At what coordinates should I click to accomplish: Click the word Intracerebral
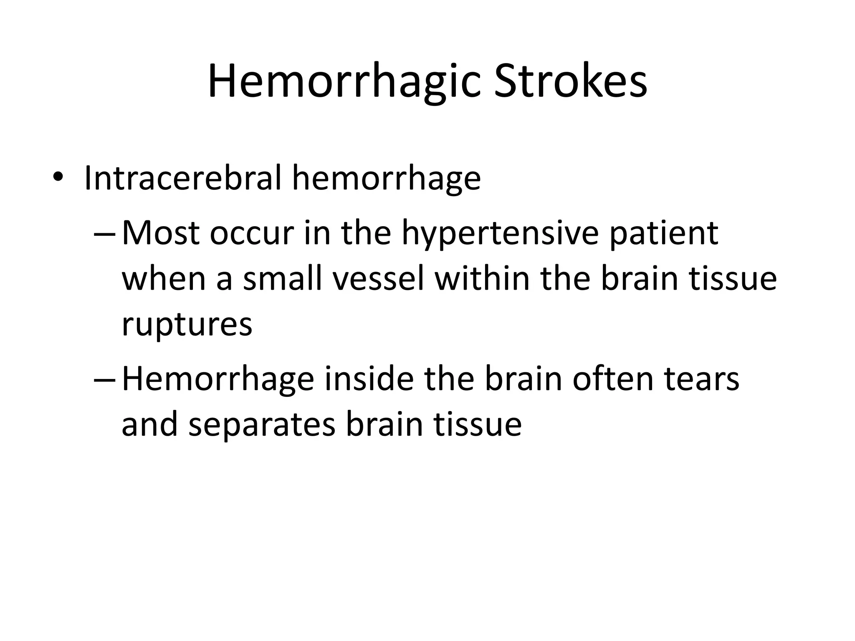(x=182, y=178)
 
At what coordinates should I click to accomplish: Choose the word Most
(x=160, y=233)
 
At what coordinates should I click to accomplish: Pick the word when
(x=164, y=279)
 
